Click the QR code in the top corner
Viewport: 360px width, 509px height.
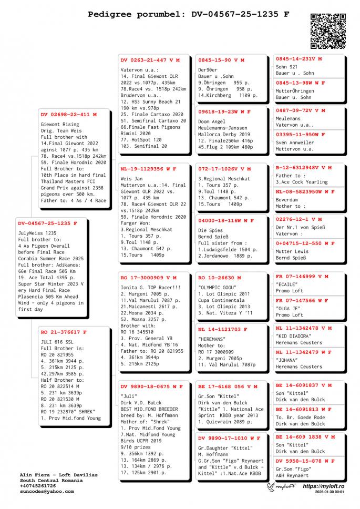(x=327, y=31)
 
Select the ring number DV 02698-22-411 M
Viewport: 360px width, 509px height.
(x=69, y=114)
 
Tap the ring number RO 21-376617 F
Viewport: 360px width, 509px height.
(x=64, y=332)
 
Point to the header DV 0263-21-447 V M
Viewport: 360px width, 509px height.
(x=150, y=60)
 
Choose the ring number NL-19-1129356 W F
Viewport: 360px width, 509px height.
(x=148, y=169)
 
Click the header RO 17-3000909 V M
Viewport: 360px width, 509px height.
(x=148, y=277)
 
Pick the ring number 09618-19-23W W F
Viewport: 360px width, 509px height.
(x=224, y=112)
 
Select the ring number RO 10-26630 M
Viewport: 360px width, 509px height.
(x=220, y=277)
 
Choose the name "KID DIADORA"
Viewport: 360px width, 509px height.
(x=294, y=335)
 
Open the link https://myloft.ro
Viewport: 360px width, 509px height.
(x=323, y=486)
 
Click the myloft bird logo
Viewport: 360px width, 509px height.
(x=273, y=487)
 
